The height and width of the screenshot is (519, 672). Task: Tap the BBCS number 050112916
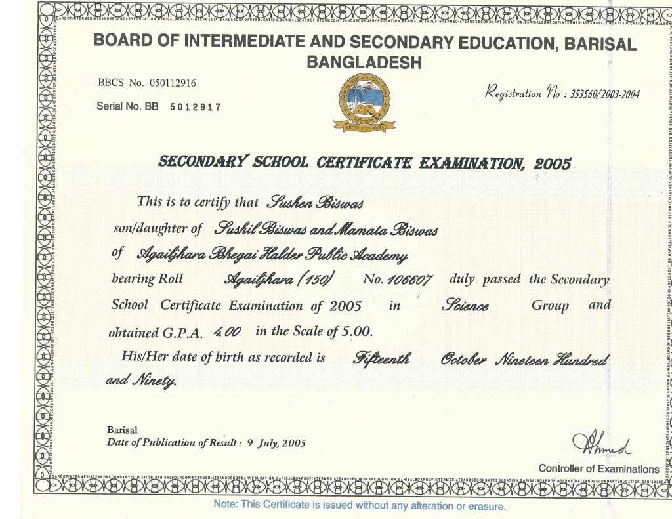click(173, 83)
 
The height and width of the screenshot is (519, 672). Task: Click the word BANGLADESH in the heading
click(364, 64)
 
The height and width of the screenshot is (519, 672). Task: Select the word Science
click(466, 306)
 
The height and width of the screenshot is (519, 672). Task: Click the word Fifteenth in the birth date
click(382, 358)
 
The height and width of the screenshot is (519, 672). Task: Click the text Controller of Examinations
click(598, 469)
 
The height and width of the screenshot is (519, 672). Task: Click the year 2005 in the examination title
click(553, 163)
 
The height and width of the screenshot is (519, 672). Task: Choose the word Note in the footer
click(226, 505)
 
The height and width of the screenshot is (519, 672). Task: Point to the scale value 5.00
click(357, 331)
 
